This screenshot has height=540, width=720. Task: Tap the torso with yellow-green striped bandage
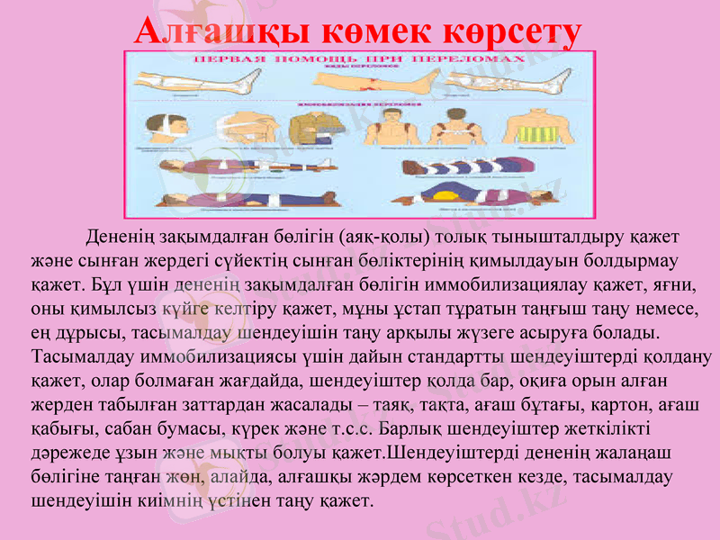tap(541, 130)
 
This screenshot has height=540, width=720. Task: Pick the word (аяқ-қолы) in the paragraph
tap(379, 238)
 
